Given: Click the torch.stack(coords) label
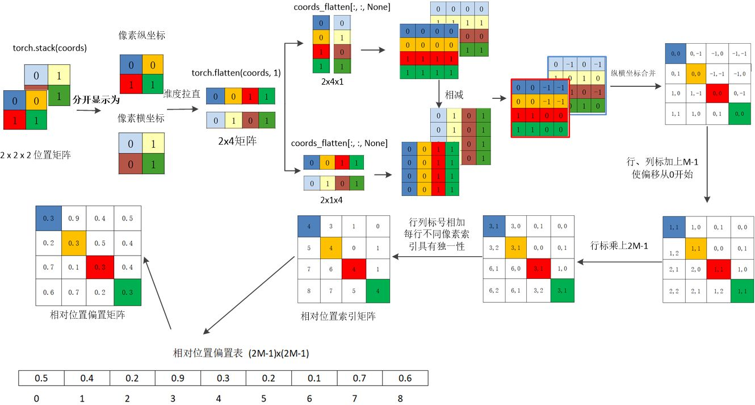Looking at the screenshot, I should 50,48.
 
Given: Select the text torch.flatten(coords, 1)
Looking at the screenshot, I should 236,73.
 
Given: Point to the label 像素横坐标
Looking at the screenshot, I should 141,118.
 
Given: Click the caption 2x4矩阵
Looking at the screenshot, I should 238,140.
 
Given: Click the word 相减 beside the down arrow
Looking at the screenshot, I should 454,95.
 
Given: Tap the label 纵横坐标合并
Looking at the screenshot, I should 633,73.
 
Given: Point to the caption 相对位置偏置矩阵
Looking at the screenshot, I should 88,315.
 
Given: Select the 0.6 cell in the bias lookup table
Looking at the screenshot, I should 405,378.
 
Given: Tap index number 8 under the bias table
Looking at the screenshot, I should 400,399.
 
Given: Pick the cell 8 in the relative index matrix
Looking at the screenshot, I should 309,291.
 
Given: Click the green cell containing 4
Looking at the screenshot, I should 378,291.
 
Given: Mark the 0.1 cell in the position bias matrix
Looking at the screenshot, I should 74,267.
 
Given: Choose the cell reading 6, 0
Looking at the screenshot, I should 517,267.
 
